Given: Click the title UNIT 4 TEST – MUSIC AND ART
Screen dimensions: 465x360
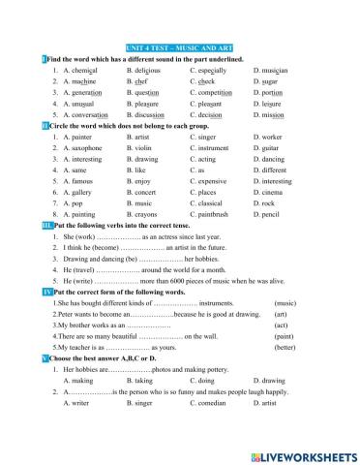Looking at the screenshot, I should [180, 46].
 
